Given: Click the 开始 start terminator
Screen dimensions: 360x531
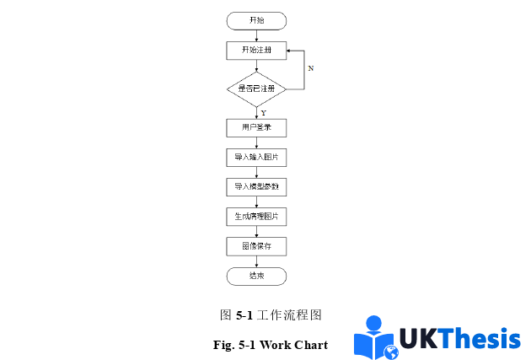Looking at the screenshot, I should point(256,20).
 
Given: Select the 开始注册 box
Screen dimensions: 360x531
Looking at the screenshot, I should point(256,51).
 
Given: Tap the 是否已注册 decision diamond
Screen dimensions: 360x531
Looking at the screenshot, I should point(256,88).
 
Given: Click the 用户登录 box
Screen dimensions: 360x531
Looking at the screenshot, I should point(256,128).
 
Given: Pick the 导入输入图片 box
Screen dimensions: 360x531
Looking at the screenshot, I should point(256,158).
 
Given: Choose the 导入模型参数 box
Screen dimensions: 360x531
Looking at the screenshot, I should point(256,187).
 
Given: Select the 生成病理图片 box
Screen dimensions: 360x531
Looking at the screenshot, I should point(256,217).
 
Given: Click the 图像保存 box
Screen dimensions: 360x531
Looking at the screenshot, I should point(256,246).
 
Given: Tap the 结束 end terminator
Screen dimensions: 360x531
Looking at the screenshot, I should point(256,276).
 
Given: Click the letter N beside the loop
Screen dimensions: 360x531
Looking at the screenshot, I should point(310,68).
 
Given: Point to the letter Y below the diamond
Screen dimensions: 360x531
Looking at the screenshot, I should point(263,112).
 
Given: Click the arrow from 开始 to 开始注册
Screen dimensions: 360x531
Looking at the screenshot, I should point(256,35).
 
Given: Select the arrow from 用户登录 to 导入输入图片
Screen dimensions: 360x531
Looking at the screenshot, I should point(256,143).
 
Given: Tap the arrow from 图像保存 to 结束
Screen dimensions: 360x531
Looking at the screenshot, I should point(256,261).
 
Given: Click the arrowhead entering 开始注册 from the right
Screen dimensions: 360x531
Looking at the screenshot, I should point(289,51).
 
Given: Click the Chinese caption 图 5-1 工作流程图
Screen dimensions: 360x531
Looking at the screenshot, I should point(271,315).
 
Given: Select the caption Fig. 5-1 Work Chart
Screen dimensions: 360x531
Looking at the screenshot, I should point(271,344).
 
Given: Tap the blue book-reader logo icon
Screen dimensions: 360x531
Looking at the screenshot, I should point(375,337).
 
